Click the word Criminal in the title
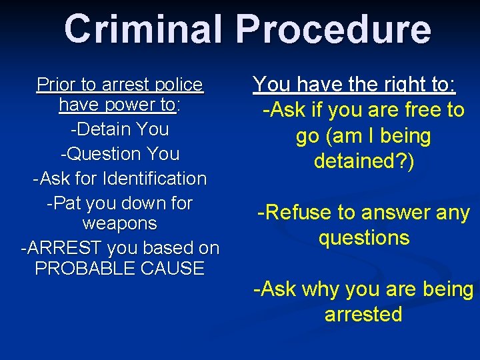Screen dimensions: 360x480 144,29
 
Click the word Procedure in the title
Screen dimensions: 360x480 333,29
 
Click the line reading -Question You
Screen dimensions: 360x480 120,153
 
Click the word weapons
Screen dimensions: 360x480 120,223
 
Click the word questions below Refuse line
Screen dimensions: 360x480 364,238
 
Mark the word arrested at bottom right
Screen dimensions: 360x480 363,314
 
